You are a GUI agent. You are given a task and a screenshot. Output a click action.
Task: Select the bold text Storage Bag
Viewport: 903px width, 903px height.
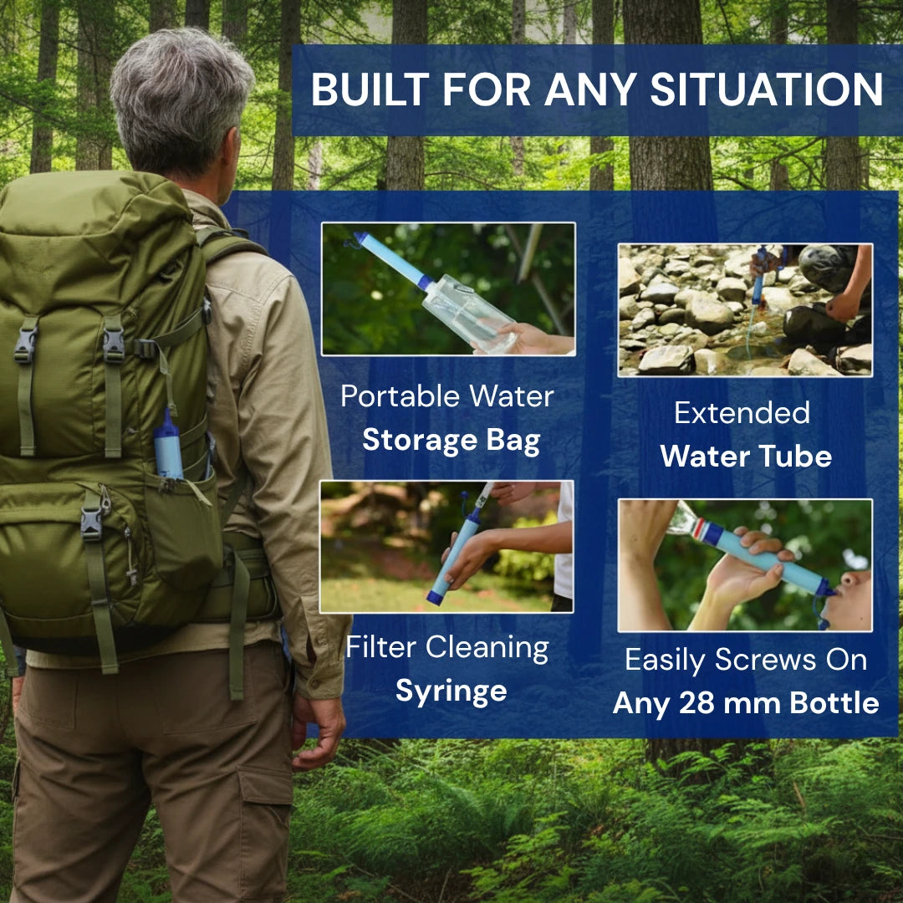pos(451,441)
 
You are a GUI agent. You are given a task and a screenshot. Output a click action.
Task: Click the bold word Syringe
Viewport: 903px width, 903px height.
pos(451,691)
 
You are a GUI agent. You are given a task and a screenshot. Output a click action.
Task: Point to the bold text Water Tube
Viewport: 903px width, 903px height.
pos(745,457)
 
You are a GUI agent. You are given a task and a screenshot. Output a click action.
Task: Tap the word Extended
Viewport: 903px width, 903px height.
pos(742,412)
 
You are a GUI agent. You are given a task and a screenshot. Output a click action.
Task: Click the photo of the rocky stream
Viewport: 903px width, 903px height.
pos(745,310)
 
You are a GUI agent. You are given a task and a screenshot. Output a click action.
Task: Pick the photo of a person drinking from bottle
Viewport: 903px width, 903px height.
pos(745,565)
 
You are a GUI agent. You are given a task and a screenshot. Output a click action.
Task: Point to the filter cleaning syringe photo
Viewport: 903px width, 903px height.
pos(446,546)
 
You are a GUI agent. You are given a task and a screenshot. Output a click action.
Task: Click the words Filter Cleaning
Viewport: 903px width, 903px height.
pos(447,648)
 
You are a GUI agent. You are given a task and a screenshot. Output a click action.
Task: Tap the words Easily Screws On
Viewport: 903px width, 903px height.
pos(746,660)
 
